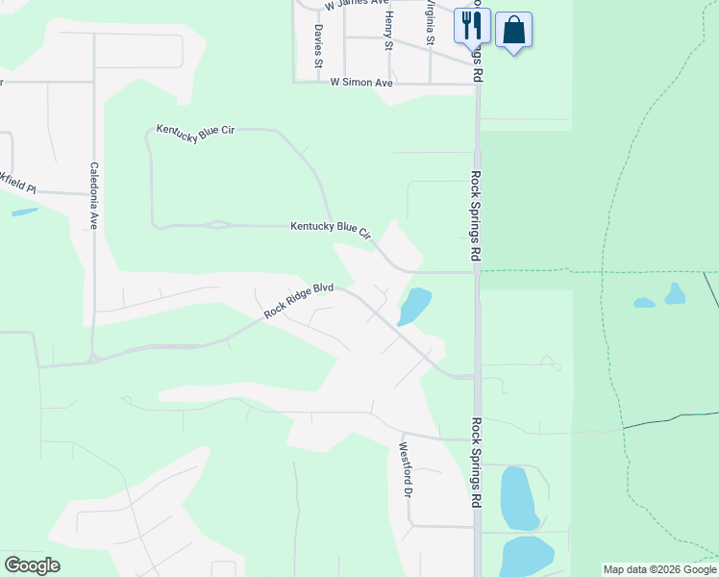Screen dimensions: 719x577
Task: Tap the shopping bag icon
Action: (513, 30)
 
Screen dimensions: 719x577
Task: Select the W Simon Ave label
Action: (361, 83)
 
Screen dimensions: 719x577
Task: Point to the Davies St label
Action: (317, 46)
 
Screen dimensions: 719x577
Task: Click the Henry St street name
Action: (388, 31)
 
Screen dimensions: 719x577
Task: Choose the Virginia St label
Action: (431, 19)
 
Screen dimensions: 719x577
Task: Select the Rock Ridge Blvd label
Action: (298, 300)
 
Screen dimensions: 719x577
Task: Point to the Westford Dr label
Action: (406, 469)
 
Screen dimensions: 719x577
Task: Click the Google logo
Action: (32, 565)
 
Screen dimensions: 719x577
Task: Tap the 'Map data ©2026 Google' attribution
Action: (659, 569)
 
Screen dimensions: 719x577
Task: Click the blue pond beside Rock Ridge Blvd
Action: (414, 306)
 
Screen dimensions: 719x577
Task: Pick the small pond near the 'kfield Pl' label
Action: (24, 212)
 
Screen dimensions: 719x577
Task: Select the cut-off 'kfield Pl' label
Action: (17, 184)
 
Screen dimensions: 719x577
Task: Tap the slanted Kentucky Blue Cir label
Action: (196, 134)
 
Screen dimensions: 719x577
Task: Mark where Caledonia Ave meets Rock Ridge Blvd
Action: (93, 358)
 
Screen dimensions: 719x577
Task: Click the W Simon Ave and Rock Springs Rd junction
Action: (477, 83)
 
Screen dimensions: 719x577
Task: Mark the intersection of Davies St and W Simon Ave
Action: (318, 83)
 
